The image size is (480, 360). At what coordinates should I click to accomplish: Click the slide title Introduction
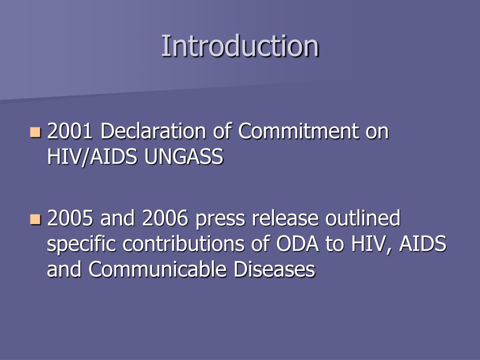(x=240, y=46)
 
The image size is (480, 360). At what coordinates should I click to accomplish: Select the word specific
(x=78, y=245)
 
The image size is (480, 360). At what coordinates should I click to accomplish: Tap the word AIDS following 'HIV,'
(x=422, y=244)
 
